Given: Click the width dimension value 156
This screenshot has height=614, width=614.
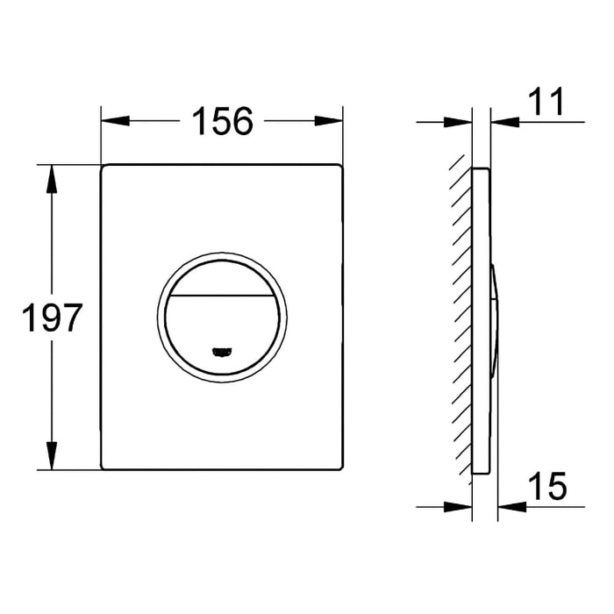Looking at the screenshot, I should (x=222, y=121).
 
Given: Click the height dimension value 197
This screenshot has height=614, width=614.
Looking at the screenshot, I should (x=52, y=318).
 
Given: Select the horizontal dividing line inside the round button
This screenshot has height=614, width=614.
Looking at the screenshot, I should (x=222, y=295).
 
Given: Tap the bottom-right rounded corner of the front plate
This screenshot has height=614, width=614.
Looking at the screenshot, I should (x=338, y=467).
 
